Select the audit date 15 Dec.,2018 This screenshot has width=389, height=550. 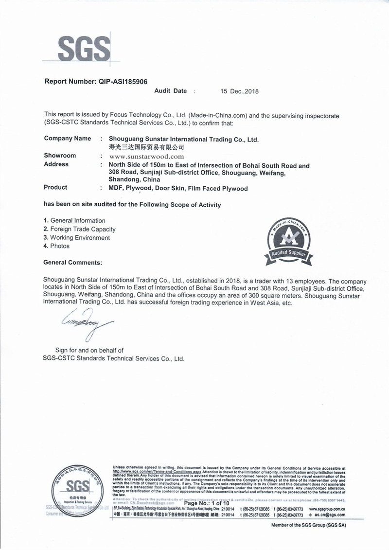[x=240, y=91]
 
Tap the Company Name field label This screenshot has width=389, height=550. [x=67, y=139]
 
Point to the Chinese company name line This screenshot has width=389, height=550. [x=146, y=146]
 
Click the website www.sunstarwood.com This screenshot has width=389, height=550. [x=146, y=156]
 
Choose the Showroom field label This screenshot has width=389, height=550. [x=60, y=156]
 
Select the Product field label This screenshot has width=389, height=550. [x=55, y=188]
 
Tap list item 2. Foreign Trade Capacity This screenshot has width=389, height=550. [x=80, y=229]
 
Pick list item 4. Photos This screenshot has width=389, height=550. [x=56, y=246]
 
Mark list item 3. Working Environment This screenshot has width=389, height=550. [x=77, y=238]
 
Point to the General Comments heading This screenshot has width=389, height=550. [x=72, y=263]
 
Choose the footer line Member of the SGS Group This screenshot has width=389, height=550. [x=308, y=526]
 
